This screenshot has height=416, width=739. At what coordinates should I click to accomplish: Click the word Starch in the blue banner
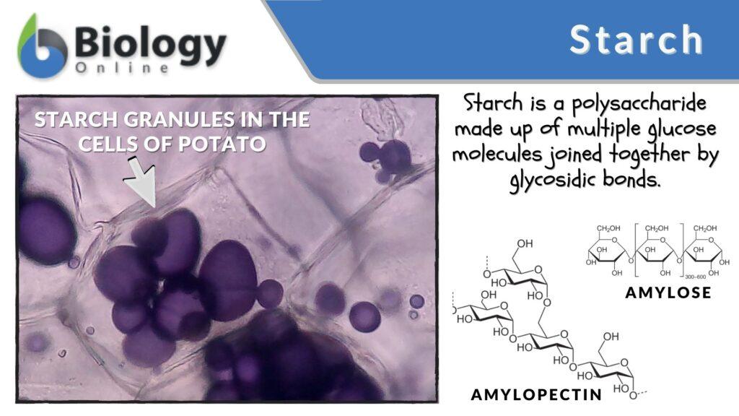[636, 40]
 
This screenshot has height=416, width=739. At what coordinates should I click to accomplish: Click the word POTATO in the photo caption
[229, 144]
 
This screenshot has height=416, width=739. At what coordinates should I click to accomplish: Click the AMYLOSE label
[668, 292]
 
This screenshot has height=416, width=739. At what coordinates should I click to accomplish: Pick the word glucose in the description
[673, 129]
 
